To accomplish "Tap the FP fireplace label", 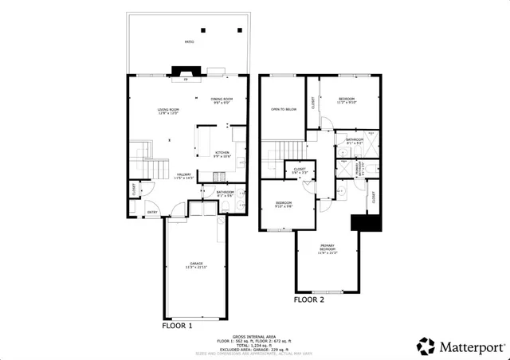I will [186, 80].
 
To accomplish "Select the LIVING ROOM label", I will [167, 111].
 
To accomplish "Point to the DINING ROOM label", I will [221, 100].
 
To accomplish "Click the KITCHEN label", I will [222, 154].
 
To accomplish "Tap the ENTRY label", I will [151, 212].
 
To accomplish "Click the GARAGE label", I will [195, 265].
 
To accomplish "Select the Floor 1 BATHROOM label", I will [203, 193].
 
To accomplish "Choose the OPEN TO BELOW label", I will [284, 110].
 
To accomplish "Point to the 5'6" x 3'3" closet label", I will [300, 170].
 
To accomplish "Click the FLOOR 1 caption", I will [177, 326].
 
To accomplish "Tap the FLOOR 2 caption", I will [309, 301].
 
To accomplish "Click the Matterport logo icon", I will [426, 346].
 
